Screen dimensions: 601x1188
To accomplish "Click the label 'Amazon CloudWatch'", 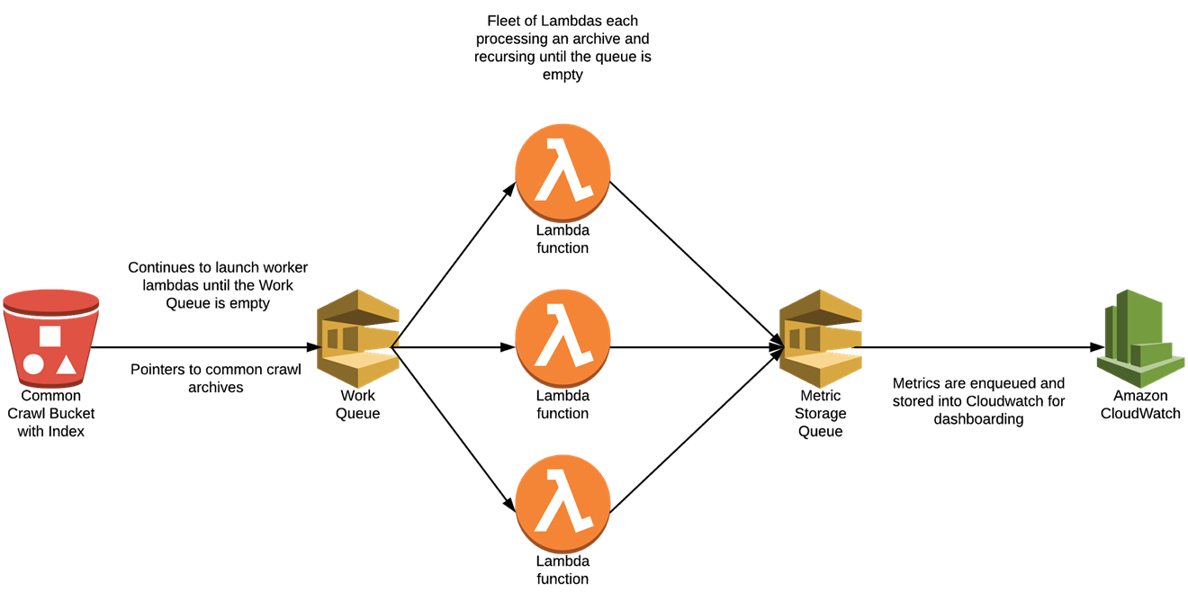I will click(1139, 405).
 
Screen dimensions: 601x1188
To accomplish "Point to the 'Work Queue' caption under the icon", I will click(357, 405).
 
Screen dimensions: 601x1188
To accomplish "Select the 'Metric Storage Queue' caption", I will click(820, 413).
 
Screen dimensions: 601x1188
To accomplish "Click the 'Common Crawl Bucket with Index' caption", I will click(51, 413).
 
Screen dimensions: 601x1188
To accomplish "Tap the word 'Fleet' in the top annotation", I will click(506, 21).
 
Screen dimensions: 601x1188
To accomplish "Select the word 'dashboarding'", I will click(978, 419).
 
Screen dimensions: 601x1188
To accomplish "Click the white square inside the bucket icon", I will click(50, 336).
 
